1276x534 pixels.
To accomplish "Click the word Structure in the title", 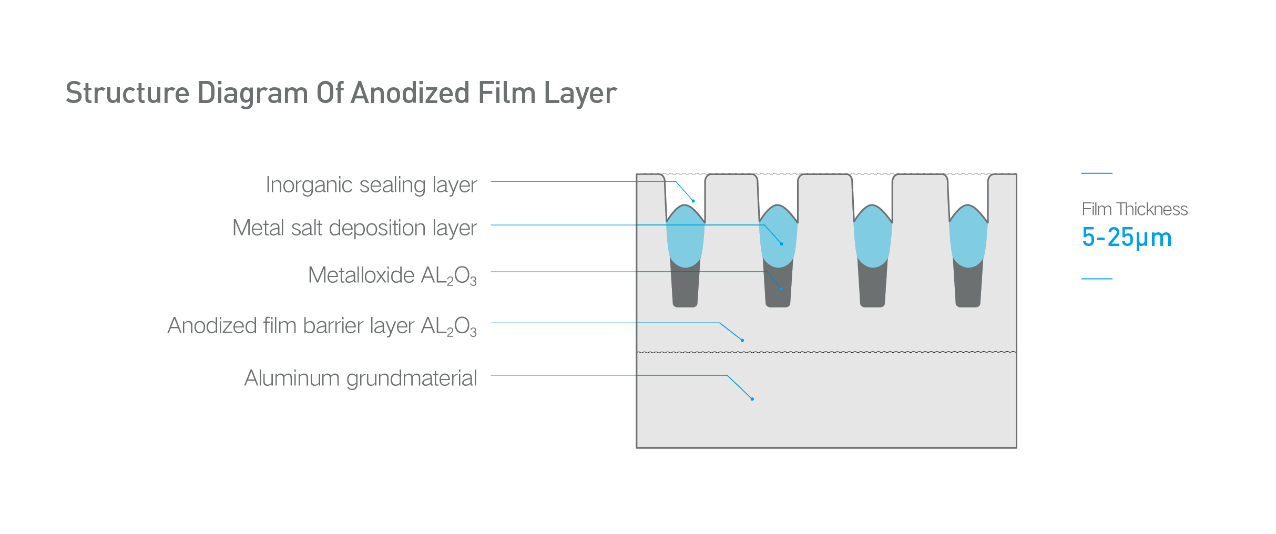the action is pos(127,93).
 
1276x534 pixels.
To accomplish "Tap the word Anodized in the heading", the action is pos(410,93).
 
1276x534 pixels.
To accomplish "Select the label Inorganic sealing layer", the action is pos(371,185).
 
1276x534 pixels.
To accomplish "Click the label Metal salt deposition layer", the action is pos(354,228).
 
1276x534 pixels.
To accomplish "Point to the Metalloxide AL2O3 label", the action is pos(392,275).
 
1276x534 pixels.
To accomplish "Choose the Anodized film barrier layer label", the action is pos(322,326).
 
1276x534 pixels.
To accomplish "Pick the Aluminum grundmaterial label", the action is pos(361,378).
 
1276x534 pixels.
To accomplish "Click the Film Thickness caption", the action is pos(1135,209).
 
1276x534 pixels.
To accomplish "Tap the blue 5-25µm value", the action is pos(1127,238).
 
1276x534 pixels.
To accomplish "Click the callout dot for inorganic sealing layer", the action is pos(693,201).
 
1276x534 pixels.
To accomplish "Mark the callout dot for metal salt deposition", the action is pos(782,244).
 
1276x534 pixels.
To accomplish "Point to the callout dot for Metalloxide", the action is pos(782,289).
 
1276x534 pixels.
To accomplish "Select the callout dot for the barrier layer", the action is pos(742,341).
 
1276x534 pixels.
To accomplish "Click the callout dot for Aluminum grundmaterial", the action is pos(752,399).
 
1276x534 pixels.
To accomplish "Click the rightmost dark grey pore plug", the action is pos(968,286).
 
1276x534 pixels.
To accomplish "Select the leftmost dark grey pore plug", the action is pos(685,286).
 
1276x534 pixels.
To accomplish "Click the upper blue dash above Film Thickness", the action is pos(1097,173).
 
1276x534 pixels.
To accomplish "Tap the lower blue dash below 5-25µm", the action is pos(1097,279).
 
